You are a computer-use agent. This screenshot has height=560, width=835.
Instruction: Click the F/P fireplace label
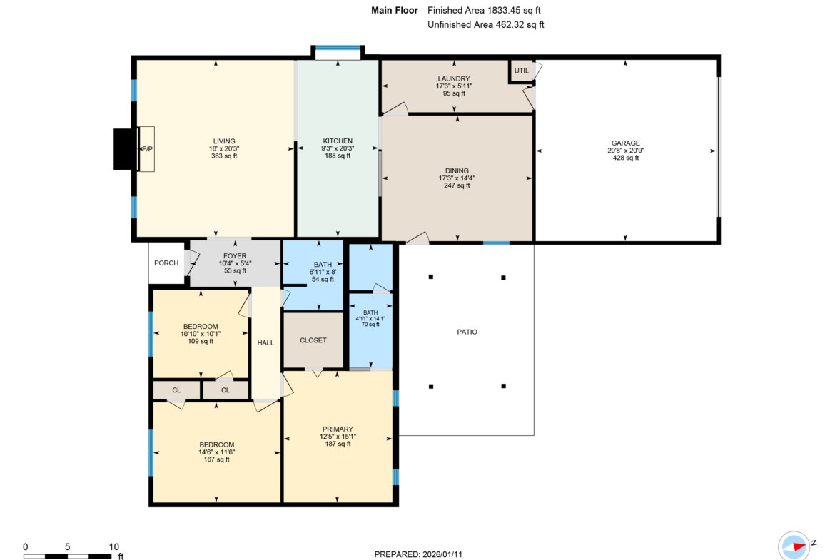point(147,149)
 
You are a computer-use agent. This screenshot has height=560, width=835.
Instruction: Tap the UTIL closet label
point(522,71)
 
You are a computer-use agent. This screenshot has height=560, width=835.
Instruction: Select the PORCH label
point(166,263)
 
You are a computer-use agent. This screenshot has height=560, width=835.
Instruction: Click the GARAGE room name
point(626,143)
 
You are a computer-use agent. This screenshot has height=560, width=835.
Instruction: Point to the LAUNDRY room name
point(454,78)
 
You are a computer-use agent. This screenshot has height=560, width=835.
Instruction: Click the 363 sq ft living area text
point(223,156)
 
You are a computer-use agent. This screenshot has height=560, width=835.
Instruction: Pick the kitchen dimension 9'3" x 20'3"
point(338,148)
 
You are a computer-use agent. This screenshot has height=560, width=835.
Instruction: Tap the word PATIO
point(467,332)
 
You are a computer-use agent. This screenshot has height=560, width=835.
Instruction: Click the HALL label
point(265,343)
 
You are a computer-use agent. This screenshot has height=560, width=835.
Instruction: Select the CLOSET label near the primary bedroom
point(313,340)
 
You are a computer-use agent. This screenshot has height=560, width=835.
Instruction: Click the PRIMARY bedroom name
point(338,429)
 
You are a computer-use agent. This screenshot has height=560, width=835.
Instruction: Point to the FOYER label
point(235,256)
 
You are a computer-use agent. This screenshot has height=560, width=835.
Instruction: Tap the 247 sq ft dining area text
point(457,185)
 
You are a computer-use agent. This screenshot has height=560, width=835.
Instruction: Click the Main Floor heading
point(395,10)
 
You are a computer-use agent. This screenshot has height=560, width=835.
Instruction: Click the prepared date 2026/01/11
point(442,554)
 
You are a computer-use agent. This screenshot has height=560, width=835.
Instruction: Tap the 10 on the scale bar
point(114,546)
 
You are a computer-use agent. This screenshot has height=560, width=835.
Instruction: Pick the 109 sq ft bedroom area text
point(201,341)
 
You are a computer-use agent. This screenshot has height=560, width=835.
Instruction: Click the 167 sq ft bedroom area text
point(216,459)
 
